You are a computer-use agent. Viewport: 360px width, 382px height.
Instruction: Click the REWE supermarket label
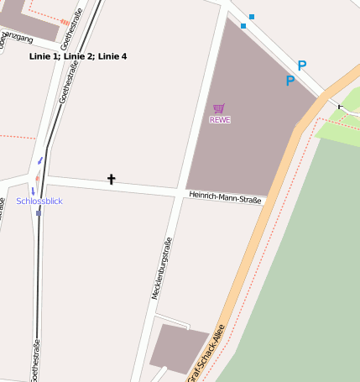click(x=219, y=120)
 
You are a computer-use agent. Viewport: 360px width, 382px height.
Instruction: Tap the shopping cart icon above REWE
click(x=219, y=107)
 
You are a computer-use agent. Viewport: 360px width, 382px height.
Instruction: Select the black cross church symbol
click(x=111, y=179)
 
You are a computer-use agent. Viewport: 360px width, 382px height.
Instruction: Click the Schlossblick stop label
click(x=39, y=201)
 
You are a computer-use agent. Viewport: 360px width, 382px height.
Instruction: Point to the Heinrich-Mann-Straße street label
click(x=225, y=196)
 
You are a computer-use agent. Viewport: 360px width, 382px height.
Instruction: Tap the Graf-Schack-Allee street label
click(x=206, y=351)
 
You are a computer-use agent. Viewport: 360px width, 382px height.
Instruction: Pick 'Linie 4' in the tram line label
click(x=112, y=56)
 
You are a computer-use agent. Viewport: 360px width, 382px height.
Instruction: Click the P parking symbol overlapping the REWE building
click(x=290, y=81)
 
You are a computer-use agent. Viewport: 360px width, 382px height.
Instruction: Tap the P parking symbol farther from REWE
click(x=302, y=65)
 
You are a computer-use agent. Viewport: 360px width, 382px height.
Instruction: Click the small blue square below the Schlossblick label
click(x=38, y=212)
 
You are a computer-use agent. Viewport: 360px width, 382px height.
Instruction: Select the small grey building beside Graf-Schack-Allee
click(x=178, y=348)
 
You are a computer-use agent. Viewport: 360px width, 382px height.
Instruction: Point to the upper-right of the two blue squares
click(x=251, y=17)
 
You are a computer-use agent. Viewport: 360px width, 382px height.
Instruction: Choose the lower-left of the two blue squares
click(x=243, y=26)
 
